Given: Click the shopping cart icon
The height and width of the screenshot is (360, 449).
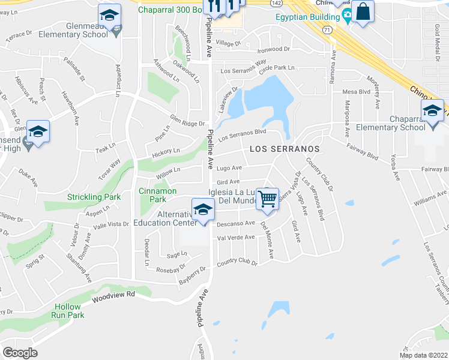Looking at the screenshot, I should [268, 199].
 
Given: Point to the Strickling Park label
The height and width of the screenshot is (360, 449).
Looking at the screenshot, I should [94, 197].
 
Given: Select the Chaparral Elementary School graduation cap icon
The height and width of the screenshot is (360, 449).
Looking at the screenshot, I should [432, 111].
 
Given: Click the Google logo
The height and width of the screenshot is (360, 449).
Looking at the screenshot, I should [20, 353].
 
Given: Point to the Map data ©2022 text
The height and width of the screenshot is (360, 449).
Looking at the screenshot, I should [423, 355].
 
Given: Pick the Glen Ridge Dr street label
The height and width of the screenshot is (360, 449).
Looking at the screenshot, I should [187, 120].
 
